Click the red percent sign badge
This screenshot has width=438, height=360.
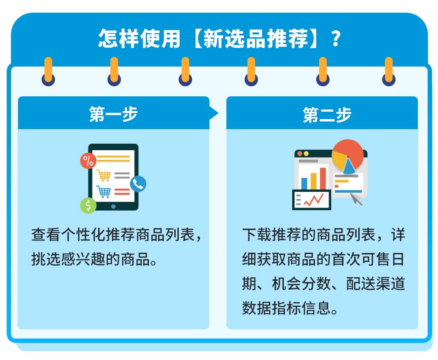coord(88,161)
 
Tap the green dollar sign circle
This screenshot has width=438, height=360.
coord(88,205)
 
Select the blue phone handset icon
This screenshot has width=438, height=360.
coord(138,184)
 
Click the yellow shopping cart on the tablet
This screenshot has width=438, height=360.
coord(104,175)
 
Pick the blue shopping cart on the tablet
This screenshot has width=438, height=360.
coord(104,191)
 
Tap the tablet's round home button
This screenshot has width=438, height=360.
coord(113,206)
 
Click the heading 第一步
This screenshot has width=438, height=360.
coord(113,114)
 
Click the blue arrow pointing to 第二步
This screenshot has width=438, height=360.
coord(213,114)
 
